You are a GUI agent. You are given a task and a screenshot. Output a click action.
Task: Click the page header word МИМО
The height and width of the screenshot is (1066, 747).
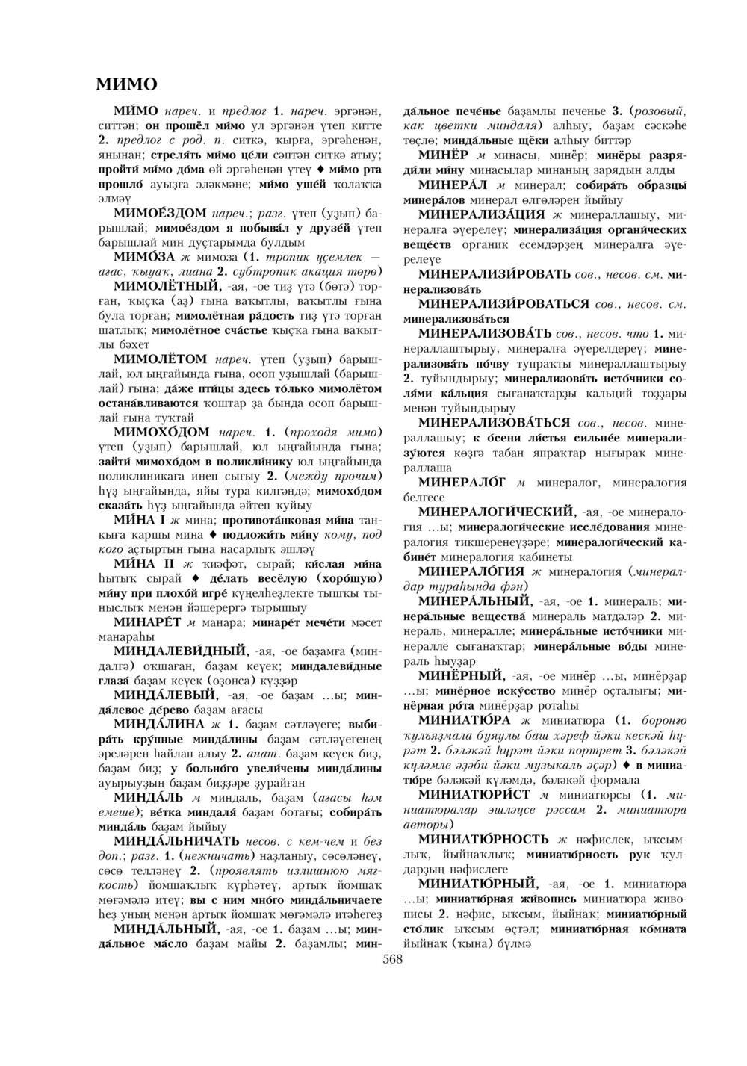point(126,83)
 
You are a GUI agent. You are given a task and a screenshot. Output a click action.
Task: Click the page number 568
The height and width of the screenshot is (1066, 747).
point(392,959)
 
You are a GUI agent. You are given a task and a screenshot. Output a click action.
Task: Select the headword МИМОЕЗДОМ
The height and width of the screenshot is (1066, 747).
point(159,214)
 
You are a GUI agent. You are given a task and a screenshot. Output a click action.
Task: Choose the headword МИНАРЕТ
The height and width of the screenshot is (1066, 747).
point(148,621)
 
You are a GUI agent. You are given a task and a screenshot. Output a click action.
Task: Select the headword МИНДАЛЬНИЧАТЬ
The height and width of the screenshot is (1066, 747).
point(178,840)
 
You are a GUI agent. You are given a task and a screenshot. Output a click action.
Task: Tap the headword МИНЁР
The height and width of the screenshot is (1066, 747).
point(443,155)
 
